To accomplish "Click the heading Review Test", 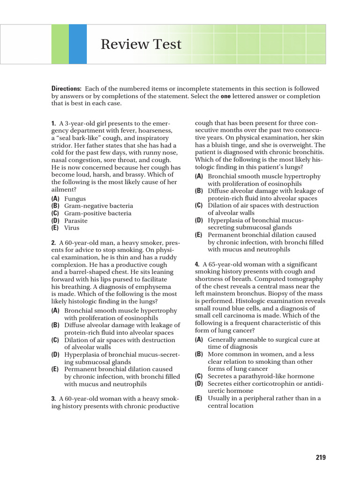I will click(x=141, y=45).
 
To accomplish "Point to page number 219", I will click(x=320, y=457).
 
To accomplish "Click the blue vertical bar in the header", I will click(x=78, y=44).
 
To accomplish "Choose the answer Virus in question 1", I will click(x=72, y=228).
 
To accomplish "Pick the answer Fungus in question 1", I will click(x=75, y=198).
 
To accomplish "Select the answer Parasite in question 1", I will click(x=76, y=220).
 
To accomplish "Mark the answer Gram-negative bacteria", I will click(x=98, y=206).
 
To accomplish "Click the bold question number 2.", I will click(x=53, y=243).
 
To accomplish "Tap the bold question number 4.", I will click(x=197, y=264).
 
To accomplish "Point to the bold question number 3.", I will click(x=53, y=398).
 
